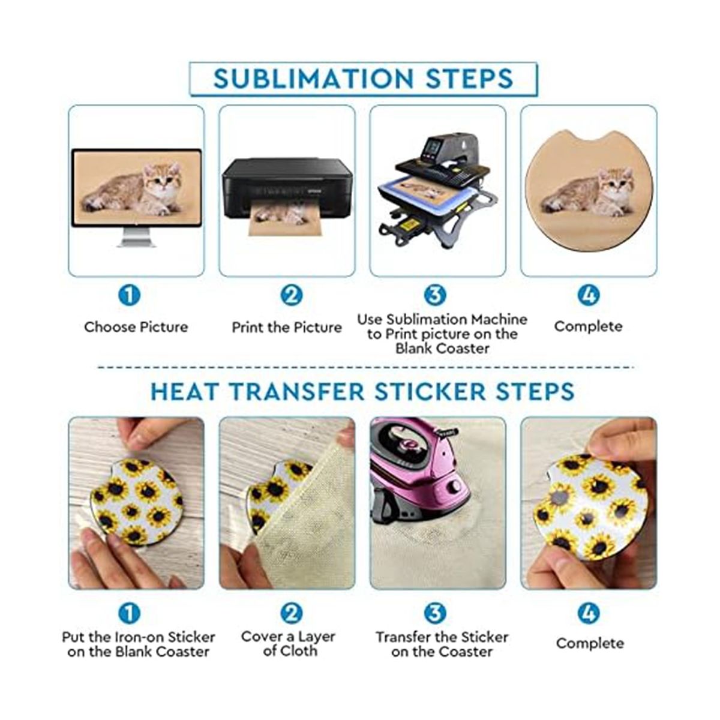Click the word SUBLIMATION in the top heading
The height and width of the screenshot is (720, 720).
313,79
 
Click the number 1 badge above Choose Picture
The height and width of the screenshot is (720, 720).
129,296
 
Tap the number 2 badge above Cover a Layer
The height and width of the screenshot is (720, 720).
292,613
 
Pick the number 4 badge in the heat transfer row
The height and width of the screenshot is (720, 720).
589,613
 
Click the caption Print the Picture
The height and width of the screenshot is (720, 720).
287,328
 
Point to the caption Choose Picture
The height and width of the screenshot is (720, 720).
136,327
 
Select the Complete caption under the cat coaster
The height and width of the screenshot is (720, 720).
589,326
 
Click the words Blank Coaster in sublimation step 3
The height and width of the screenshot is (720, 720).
442,349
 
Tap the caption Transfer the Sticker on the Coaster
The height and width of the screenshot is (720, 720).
442,644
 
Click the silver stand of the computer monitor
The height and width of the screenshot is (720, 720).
136,238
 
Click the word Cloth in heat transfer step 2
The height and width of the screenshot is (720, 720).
298,651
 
